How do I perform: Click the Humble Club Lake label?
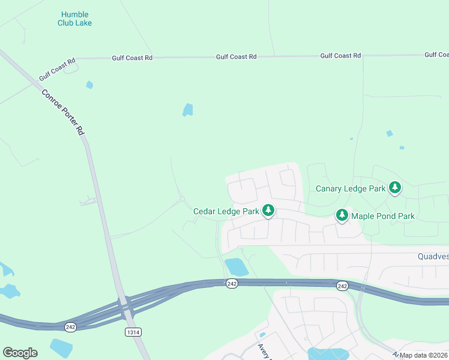(x=75, y=19)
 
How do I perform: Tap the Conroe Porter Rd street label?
(x=63, y=112)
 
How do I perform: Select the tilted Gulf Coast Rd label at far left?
(x=57, y=69)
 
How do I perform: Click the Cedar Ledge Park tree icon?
(x=268, y=211)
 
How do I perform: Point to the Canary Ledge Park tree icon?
(x=394, y=188)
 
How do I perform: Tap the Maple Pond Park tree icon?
(x=342, y=215)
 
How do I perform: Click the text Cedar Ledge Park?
(x=226, y=211)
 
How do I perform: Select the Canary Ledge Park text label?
(x=351, y=188)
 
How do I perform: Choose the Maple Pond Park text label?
(x=383, y=216)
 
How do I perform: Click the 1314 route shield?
(x=133, y=332)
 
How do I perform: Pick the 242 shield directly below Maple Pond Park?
(x=342, y=286)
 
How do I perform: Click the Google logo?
(x=20, y=353)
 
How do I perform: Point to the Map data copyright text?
(x=424, y=355)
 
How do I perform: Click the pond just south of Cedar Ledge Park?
(x=236, y=267)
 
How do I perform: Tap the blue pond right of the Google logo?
(x=61, y=347)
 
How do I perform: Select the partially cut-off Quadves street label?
(x=433, y=256)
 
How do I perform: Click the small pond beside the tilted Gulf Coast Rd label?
(x=89, y=85)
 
